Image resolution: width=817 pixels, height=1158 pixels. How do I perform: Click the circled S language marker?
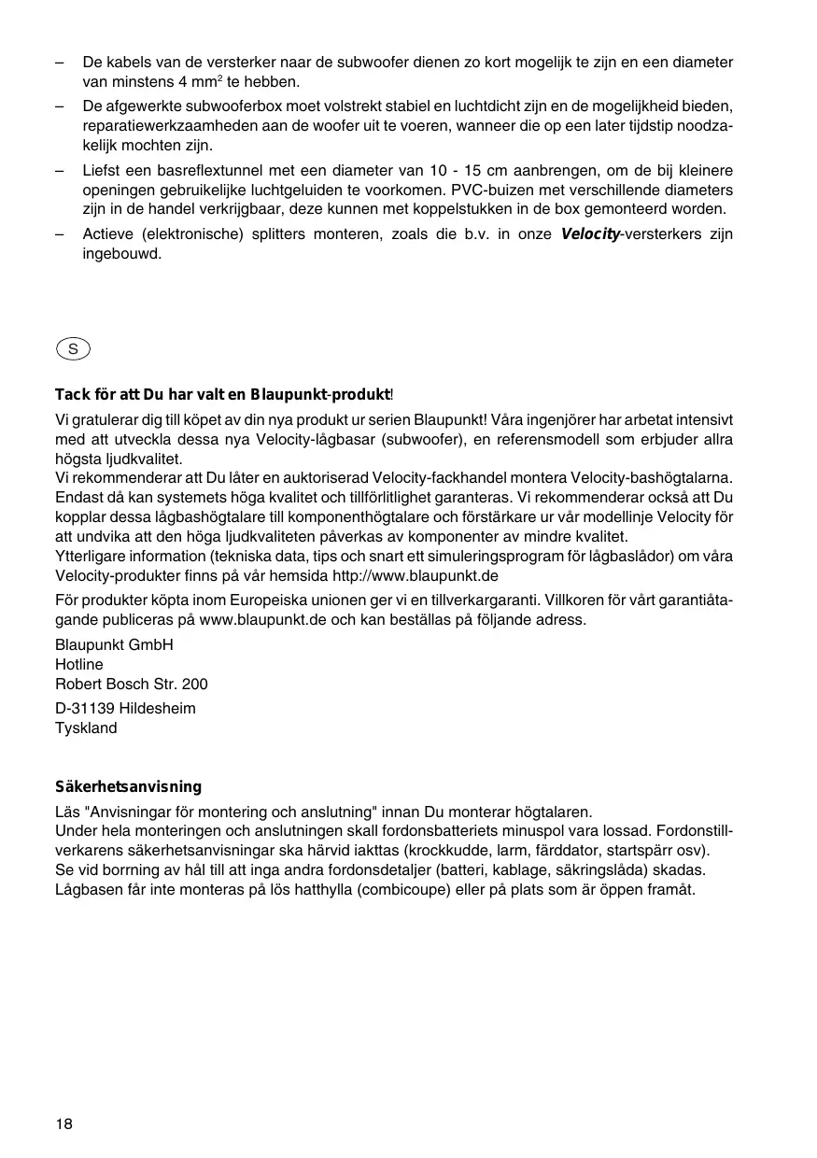(x=72, y=349)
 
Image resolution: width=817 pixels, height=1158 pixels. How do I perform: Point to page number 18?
(x=63, y=1123)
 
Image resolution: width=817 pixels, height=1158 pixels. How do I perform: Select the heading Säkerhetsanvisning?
(x=128, y=787)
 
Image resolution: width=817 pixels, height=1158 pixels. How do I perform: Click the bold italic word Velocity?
(x=590, y=234)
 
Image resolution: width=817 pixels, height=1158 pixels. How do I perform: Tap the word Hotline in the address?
(x=79, y=664)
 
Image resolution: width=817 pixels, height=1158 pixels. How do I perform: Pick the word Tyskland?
(x=86, y=727)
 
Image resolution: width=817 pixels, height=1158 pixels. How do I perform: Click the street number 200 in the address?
(x=195, y=684)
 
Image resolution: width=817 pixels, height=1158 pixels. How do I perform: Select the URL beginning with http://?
(x=416, y=575)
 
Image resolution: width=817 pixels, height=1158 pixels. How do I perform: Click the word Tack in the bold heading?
(x=72, y=396)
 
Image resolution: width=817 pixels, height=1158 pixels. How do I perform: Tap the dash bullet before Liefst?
(x=60, y=171)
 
